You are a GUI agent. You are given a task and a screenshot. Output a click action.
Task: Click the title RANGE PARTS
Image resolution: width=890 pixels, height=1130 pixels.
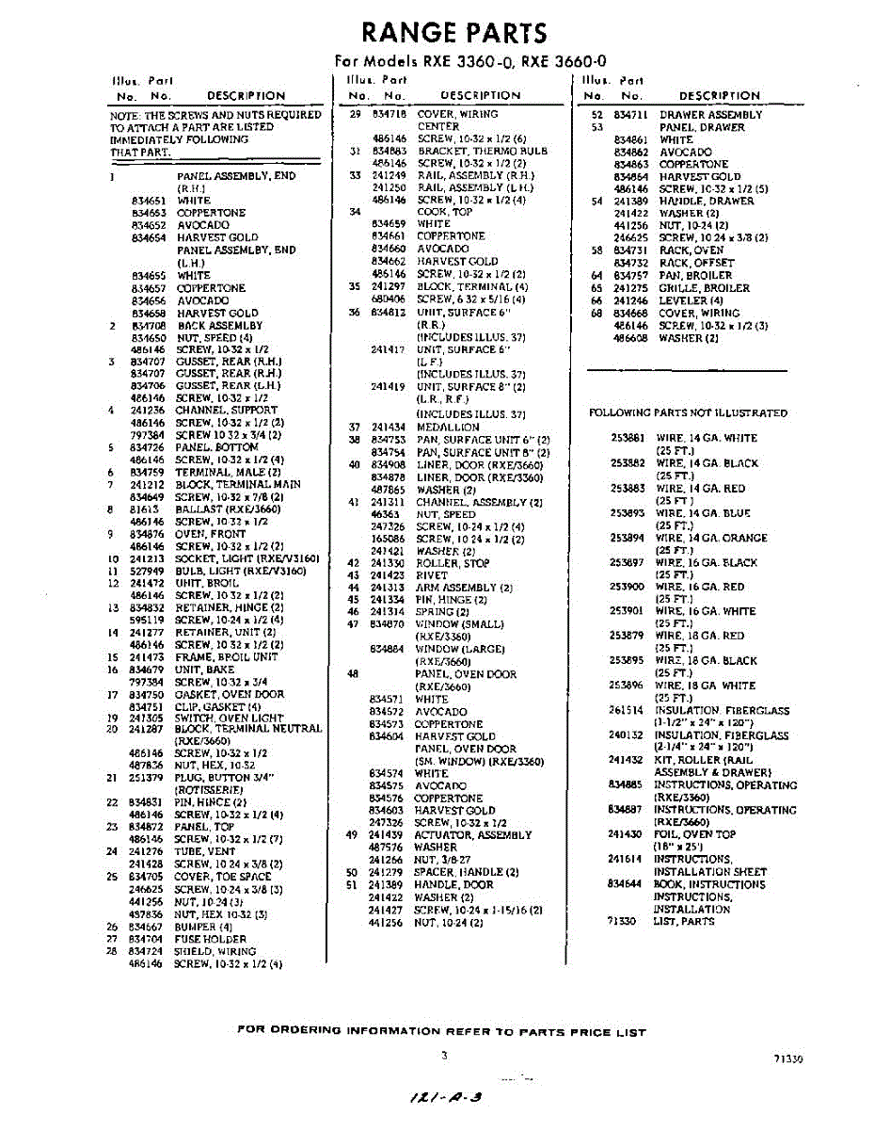coord(453,33)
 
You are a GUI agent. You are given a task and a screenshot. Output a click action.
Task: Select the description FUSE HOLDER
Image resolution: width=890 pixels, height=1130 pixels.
coord(210,939)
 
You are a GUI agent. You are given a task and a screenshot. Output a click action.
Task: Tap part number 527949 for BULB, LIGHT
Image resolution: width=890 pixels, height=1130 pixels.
coord(147,571)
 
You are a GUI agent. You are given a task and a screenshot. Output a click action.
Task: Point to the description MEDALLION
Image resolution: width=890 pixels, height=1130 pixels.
coord(447,428)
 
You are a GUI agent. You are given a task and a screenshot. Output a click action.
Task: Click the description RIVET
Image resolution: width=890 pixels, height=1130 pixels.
coord(431,575)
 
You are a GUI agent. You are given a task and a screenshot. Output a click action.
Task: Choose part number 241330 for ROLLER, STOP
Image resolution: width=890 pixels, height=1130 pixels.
coord(387,563)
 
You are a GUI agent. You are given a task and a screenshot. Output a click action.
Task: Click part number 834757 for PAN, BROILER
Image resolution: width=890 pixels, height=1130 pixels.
coord(631,276)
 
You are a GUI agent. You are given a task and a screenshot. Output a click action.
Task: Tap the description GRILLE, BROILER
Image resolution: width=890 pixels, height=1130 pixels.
coord(704,288)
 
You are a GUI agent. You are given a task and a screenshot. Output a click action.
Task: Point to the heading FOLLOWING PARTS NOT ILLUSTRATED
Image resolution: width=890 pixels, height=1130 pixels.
coord(688,412)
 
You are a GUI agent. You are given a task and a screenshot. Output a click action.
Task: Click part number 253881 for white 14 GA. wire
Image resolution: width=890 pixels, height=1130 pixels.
coord(628,438)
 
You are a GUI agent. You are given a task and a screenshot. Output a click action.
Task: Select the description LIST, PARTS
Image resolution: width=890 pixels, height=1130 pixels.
coord(684,921)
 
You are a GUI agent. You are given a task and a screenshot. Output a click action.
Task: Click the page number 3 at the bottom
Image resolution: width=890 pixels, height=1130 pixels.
coord(444,1056)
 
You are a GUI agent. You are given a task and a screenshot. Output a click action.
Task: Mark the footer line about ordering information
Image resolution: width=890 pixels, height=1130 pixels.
coord(442,1032)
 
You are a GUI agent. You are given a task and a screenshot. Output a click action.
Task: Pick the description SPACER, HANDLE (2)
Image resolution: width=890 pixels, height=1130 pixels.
coord(467,872)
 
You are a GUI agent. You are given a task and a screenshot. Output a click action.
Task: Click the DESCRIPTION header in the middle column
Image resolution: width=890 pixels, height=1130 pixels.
coord(480,95)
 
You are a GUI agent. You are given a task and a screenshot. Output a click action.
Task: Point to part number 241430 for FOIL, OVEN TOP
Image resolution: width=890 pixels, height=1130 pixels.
coord(625,834)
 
